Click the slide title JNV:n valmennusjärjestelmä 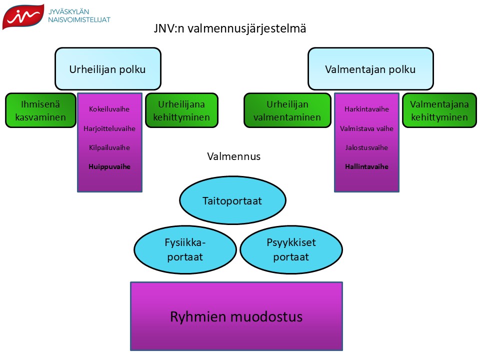click(230, 29)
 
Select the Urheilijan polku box click(108, 69)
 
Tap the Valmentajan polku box click(370, 69)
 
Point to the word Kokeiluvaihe click(109, 109)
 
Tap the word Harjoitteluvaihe click(109, 128)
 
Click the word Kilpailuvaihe click(109, 147)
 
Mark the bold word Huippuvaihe click(109, 166)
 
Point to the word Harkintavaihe click(366, 109)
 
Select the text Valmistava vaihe click(366, 128)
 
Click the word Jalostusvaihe click(366, 147)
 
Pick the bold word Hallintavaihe click(366, 166)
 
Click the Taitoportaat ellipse click(232, 200)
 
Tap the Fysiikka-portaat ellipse click(185, 250)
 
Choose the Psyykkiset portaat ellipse click(291, 250)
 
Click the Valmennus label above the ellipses click(233, 156)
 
